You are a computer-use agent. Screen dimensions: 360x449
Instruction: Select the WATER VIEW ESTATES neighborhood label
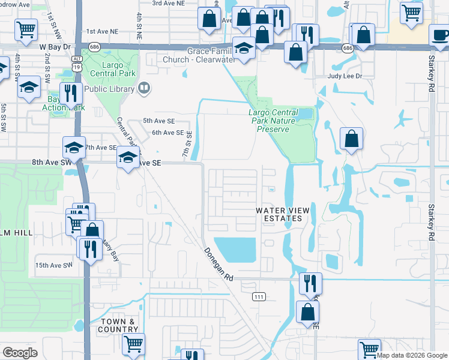coord(279,214)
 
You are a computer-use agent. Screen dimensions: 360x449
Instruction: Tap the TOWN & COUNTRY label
coord(118,325)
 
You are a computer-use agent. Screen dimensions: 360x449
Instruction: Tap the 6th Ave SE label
coord(167,133)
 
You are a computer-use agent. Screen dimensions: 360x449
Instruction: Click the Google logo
coord(20,353)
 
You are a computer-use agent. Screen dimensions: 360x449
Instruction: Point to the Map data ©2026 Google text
coord(412,355)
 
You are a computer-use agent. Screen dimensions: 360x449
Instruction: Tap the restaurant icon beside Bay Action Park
coord(72,94)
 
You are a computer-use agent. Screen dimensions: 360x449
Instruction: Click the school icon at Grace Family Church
coord(244,48)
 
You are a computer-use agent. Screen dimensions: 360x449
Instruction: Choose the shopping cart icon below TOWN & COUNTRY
coord(133,343)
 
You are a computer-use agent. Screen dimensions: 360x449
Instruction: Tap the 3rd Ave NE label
coord(167,3)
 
